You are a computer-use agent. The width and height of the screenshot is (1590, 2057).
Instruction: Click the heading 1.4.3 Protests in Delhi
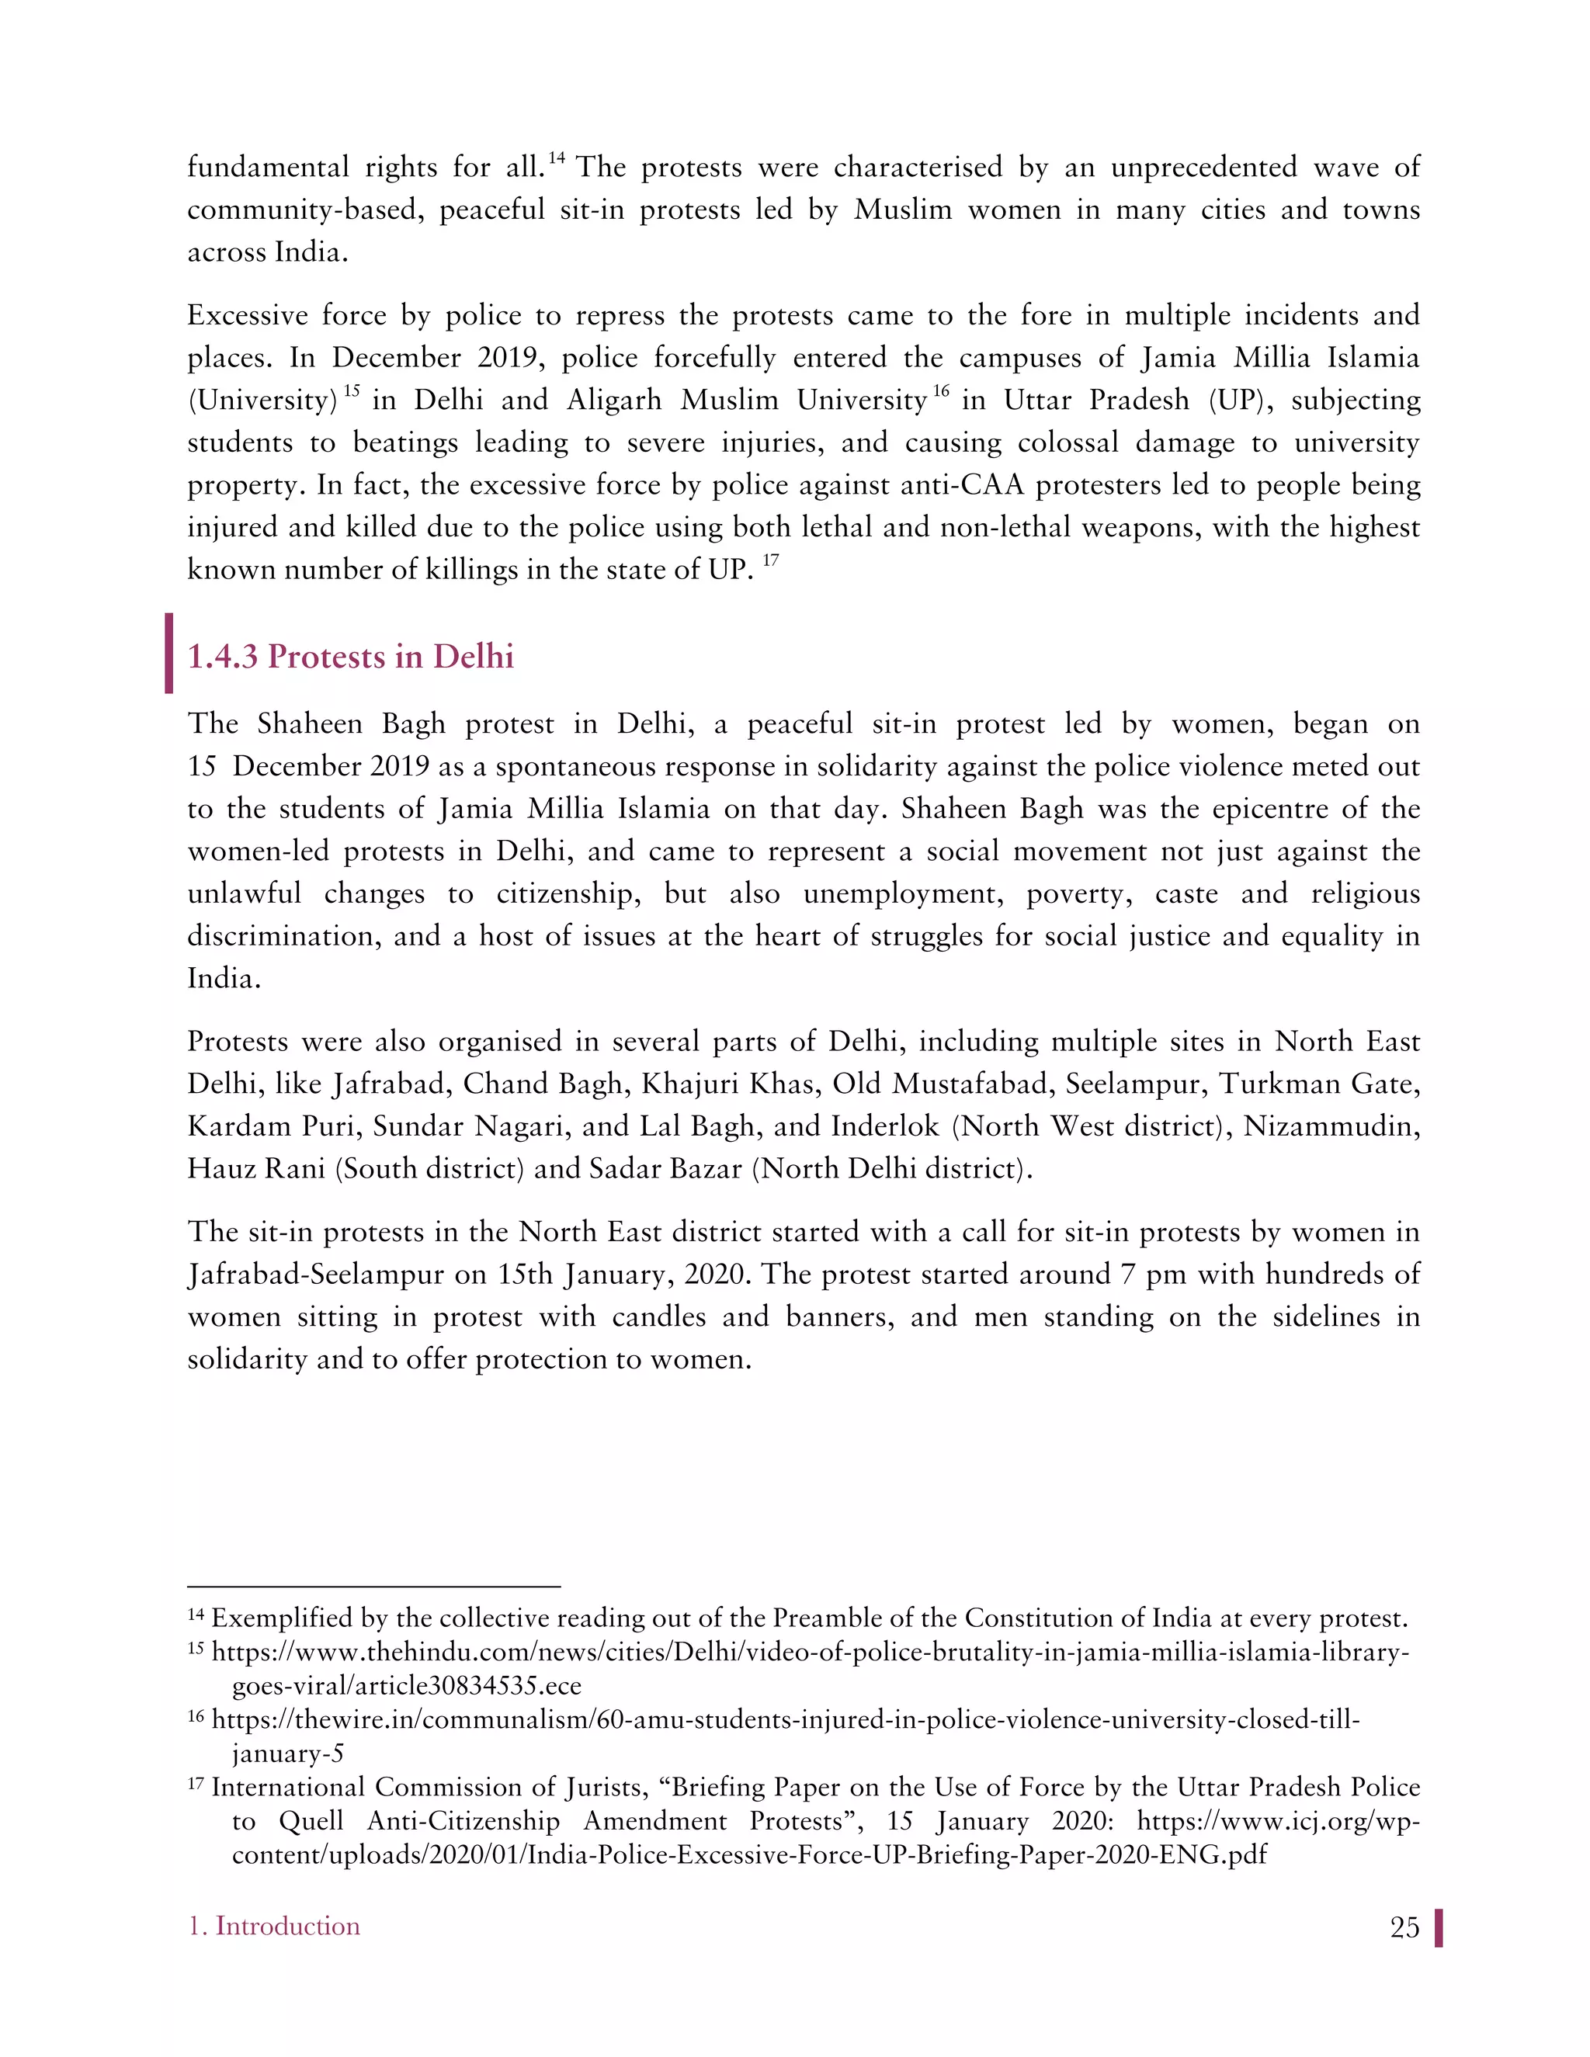pyautogui.click(x=350, y=657)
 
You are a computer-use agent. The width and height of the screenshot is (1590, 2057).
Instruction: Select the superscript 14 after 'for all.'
pyautogui.click(x=556, y=158)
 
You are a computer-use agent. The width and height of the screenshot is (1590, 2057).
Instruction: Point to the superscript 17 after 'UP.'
pyautogui.click(x=770, y=561)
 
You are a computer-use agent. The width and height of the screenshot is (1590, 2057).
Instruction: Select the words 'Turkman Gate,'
pyautogui.click(x=1320, y=1084)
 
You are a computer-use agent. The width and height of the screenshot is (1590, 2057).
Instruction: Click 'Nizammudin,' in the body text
pyautogui.click(x=1331, y=1126)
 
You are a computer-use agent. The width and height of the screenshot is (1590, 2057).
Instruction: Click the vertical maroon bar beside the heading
pyautogui.click(x=168, y=653)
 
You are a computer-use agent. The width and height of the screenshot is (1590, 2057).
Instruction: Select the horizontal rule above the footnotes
pyautogui.click(x=374, y=1587)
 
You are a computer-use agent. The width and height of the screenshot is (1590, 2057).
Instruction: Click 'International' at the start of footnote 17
pyautogui.click(x=286, y=1788)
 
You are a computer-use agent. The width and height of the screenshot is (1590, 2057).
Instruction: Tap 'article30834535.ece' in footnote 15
pyautogui.click(x=406, y=1686)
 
